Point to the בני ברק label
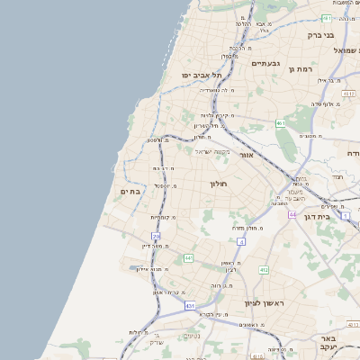pyautogui.click(x=319, y=35)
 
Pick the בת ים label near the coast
pyautogui.click(x=131, y=192)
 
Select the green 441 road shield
pyautogui.click(x=188, y=258)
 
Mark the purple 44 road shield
pyautogui.click(x=292, y=215)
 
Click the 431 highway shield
pyautogui.click(x=190, y=306)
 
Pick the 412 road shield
pyautogui.click(x=263, y=269)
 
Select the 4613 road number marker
pyautogui.click(x=348, y=93)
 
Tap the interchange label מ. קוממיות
pyautogui.click(x=162, y=217)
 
